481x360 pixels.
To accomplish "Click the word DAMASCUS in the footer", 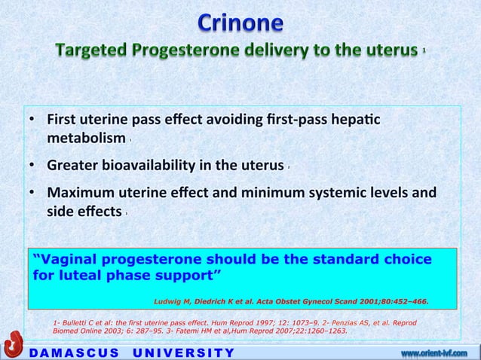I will pos(65,352).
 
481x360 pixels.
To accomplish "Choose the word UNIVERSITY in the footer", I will pos(184,352).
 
